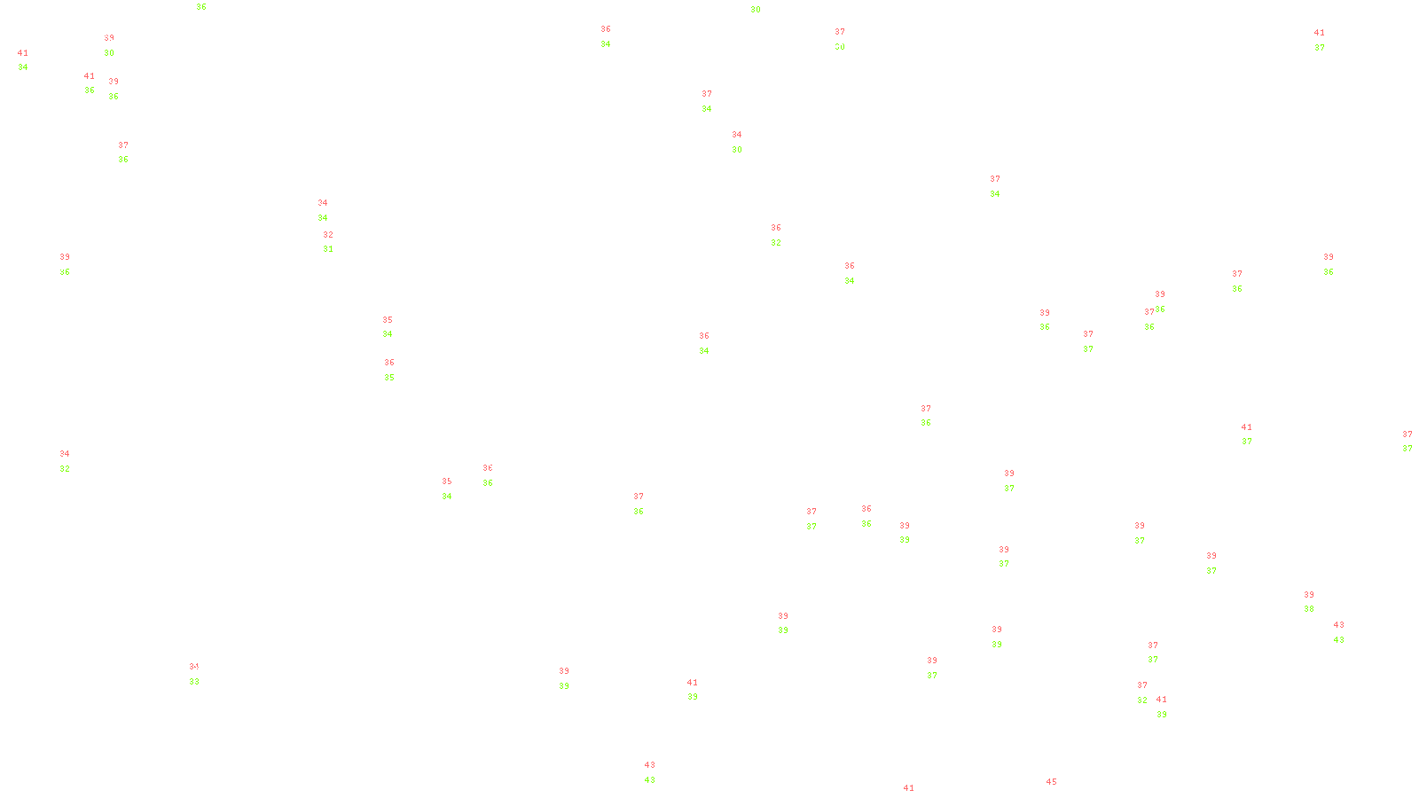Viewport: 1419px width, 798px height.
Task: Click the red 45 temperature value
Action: point(1051,782)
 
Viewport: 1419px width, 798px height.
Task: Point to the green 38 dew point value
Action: point(1309,609)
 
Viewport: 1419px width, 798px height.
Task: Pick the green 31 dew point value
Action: point(328,249)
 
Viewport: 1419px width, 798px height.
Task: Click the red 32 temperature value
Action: point(328,235)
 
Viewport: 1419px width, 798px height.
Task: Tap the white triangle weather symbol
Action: point(926,417)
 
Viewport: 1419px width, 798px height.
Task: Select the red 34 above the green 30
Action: point(737,136)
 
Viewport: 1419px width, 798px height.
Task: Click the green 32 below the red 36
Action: point(776,243)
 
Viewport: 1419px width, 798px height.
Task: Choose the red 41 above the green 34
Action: point(23,53)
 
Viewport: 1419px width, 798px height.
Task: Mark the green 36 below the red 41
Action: point(90,90)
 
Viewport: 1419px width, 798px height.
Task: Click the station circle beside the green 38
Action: point(1318,602)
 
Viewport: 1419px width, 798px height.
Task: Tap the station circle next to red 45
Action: point(1060,789)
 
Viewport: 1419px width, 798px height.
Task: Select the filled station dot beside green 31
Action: point(336,242)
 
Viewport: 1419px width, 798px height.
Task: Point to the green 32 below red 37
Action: point(1142,700)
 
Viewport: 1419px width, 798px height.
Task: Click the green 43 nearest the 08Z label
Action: point(650,780)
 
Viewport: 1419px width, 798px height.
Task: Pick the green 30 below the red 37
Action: point(839,47)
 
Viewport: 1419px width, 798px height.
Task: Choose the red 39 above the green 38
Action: point(1309,595)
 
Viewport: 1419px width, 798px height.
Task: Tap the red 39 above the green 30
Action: point(109,39)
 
